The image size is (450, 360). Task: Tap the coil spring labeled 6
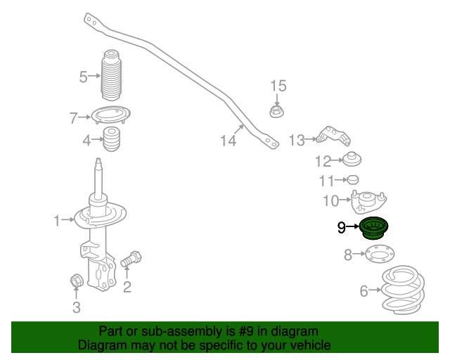(x=403, y=290)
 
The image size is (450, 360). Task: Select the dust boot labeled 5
(x=111, y=75)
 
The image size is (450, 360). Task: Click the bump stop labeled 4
(x=111, y=139)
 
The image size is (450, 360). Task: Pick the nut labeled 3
(x=77, y=280)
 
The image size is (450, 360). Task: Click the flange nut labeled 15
(x=276, y=112)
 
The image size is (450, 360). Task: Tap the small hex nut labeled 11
(x=353, y=180)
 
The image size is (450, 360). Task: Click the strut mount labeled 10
(x=368, y=202)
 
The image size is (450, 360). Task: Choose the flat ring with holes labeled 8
(x=380, y=254)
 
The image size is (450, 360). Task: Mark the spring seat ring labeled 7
(x=111, y=115)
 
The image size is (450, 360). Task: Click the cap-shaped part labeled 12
(x=352, y=159)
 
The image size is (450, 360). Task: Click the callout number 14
(x=228, y=141)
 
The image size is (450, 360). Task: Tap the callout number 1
(x=57, y=221)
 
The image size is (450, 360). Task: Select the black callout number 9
(x=342, y=227)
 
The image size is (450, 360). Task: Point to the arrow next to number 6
(x=375, y=290)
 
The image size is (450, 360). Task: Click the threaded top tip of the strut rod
(x=98, y=160)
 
